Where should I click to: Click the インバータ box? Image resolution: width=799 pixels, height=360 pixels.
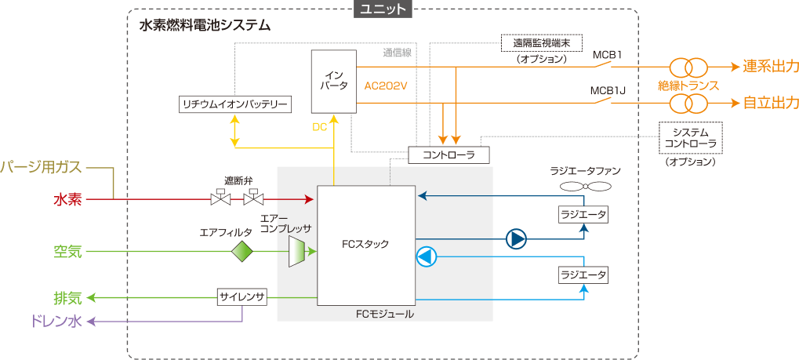point(333,82)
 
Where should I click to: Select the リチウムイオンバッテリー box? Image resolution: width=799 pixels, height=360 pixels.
point(235,104)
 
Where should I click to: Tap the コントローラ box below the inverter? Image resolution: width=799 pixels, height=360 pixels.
point(449,155)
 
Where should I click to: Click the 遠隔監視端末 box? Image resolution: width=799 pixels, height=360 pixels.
point(541,43)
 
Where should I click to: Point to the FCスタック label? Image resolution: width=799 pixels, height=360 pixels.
point(365,244)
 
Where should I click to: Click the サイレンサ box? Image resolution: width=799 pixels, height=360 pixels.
point(242,297)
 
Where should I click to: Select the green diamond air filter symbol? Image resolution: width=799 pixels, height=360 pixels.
point(242,252)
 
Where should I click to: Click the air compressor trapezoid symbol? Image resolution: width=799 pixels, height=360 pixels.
point(297,252)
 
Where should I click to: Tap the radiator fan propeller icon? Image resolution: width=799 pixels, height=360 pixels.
point(586,187)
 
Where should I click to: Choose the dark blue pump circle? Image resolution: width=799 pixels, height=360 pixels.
point(516,238)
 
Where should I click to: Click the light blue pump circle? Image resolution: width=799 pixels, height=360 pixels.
point(426,257)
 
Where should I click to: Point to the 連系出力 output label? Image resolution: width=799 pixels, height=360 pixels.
point(770,67)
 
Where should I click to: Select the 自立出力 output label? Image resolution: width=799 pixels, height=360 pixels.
point(770,103)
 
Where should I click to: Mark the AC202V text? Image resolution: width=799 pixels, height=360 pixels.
point(386,85)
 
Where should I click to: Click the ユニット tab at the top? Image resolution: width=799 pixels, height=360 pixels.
point(383,9)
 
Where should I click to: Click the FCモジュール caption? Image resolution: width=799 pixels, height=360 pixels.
point(384,314)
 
